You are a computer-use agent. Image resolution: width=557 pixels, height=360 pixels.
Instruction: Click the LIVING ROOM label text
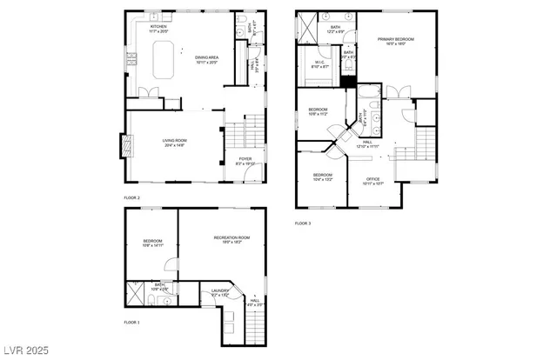coord(175,142)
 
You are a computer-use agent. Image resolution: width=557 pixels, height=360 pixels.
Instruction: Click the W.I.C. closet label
coord(319,64)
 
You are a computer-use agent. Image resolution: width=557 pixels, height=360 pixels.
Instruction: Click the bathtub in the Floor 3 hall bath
coord(367,96)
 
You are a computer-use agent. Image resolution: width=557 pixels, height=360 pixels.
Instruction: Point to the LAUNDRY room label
coord(220,292)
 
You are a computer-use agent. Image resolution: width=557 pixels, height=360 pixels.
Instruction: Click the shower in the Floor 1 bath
coord(135,293)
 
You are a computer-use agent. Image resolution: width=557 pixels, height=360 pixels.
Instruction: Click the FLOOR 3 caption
coord(302,223)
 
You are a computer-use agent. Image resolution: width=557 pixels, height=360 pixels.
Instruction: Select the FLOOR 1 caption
coord(131,322)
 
